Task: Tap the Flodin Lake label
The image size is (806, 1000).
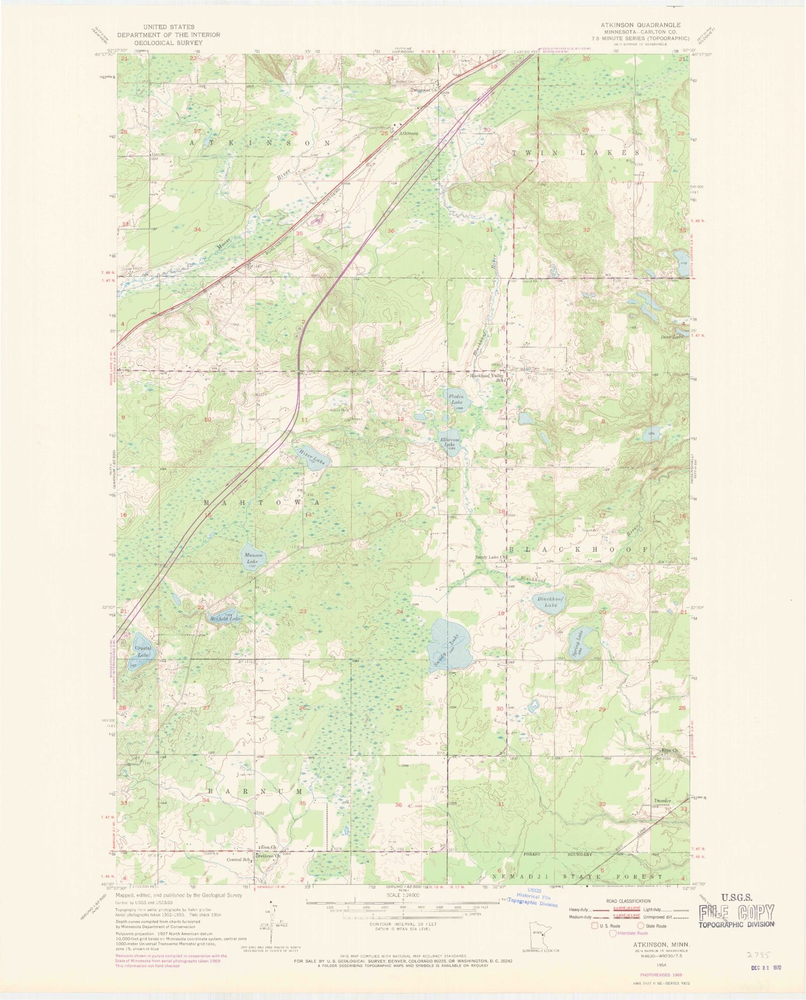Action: (456, 399)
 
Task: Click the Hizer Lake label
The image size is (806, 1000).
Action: (312, 456)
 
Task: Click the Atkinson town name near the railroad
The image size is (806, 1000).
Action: (408, 133)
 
